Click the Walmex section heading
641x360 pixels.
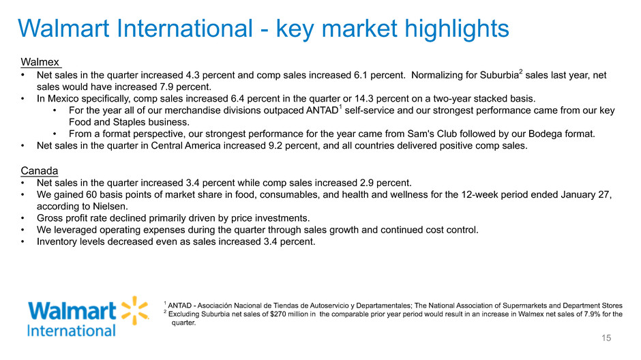point(40,62)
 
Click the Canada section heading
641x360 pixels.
point(40,171)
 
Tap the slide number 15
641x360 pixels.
point(606,338)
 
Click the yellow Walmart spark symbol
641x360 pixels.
point(135,310)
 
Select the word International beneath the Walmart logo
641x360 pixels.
point(72,331)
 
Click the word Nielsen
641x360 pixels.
point(110,207)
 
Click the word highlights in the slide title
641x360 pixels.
point(457,29)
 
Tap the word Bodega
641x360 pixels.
point(545,134)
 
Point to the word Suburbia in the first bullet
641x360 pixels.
point(499,75)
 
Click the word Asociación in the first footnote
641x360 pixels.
point(215,305)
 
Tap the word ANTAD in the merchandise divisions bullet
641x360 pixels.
point(322,110)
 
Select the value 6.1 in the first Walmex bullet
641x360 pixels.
point(361,75)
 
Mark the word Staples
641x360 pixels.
point(129,122)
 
